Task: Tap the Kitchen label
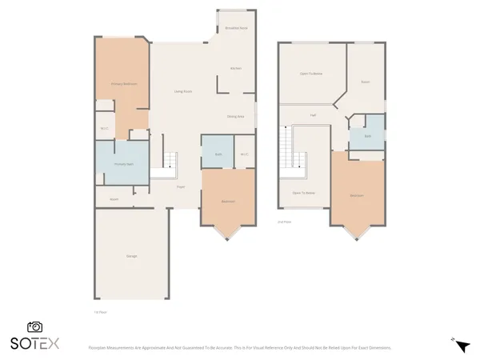[236, 68]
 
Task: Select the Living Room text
[182, 91]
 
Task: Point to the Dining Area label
[235, 116]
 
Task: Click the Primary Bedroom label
[122, 83]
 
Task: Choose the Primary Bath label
[122, 164]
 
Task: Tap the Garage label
[131, 255]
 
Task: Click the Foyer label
[181, 186]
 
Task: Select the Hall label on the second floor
[313, 115]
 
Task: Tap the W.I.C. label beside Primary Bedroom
[104, 128]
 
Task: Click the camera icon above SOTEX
[34, 326]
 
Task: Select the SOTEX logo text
[34, 343]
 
